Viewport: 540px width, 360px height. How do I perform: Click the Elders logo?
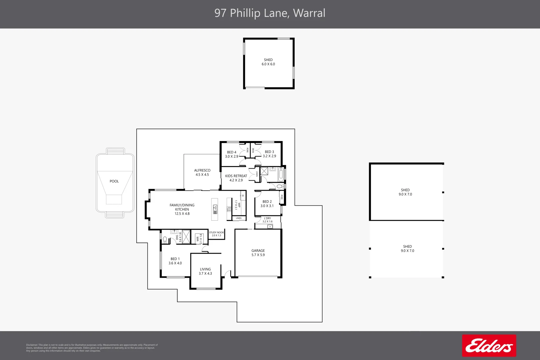click(x=489, y=346)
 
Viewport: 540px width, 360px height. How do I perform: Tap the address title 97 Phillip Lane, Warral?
click(x=270, y=13)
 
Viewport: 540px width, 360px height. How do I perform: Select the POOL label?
click(x=114, y=181)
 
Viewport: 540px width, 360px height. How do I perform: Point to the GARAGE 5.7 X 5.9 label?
click(x=258, y=253)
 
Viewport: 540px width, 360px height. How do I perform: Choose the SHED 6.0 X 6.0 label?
click(x=268, y=62)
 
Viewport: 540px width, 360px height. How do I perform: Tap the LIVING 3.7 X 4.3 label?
click(x=205, y=271)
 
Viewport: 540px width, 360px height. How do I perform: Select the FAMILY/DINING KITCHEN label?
click(x=182, y=209)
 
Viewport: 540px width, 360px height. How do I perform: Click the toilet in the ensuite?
click(x=165, y=239)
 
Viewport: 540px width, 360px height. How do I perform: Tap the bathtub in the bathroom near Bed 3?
click(x=281, y=174)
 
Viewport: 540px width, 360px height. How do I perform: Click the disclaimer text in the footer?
click(x=92, y=348)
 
